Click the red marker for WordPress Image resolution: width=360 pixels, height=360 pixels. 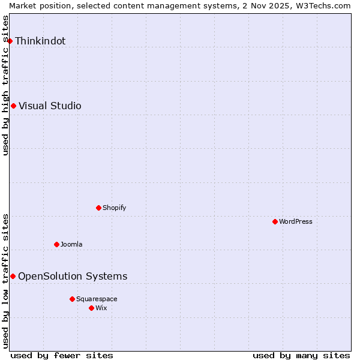(x=275, y=221)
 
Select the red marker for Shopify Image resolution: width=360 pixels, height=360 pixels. (x=98, y=208)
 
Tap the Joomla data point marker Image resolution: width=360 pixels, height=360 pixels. (x=56, y=244)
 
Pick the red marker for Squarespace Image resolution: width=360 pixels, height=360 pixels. (x=72, y=299)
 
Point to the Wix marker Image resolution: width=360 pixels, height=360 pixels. (x=91, y=308)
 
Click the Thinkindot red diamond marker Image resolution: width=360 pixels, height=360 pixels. (x=10, y=41)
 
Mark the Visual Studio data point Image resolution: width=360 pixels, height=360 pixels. (x=13, y=106)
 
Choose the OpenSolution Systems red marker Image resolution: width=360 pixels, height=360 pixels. (x=13, y=276)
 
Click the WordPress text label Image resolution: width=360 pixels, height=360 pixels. (x=296, y=221)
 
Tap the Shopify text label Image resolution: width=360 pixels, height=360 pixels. (x=114, y=208)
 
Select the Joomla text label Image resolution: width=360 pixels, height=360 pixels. (x=71, y=244)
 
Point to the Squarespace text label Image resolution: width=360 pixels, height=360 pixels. (x=97, y=299)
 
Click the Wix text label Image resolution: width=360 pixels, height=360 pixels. (x=101, y=308)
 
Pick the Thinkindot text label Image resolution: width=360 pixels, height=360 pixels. (x=40, y=41)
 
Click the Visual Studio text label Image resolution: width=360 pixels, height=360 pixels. (x=50, y=106)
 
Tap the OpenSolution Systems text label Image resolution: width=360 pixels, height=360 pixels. (x=73, y=276)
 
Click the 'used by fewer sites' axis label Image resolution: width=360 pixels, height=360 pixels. (x=62, y=355)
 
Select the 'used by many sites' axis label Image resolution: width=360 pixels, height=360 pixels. (x=301, y=355)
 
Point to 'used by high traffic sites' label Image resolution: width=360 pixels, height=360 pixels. (x=5, y=85)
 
